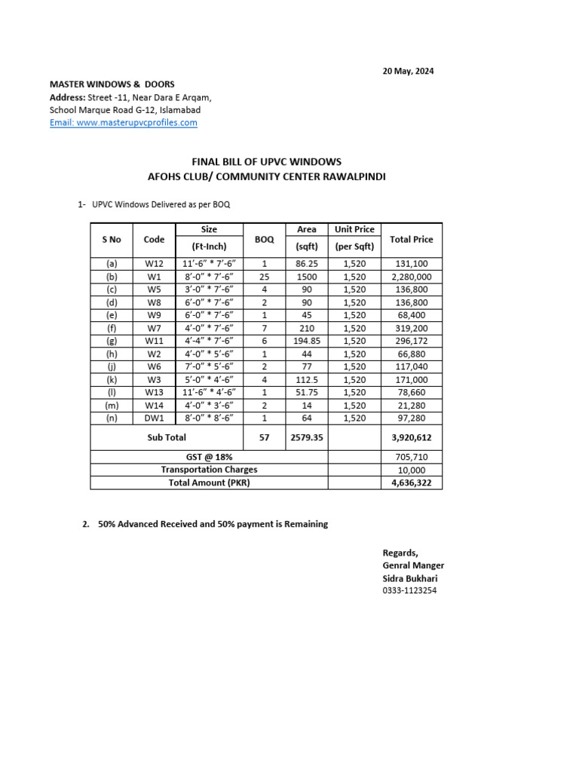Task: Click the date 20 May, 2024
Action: click(408, 72)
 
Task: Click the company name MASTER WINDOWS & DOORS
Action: click(112, 84)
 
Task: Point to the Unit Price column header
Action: click(354, 229)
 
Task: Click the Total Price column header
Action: click(411, 239)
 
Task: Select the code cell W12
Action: click(154, 264)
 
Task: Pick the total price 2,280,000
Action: click(411, 277)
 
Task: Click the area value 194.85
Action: click(307, 341)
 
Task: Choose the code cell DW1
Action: click(154, 418)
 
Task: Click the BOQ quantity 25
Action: click(264, 277)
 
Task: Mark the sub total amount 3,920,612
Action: click(411, 437)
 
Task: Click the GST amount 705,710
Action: click(411, 457)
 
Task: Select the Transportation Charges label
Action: click(209, 470)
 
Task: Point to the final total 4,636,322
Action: click(411, 482)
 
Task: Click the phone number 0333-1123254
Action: click(409, 590)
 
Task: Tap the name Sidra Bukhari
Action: click(409, 578)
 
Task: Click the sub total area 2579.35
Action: click(307, 437)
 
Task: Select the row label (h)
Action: click(112, 354)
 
